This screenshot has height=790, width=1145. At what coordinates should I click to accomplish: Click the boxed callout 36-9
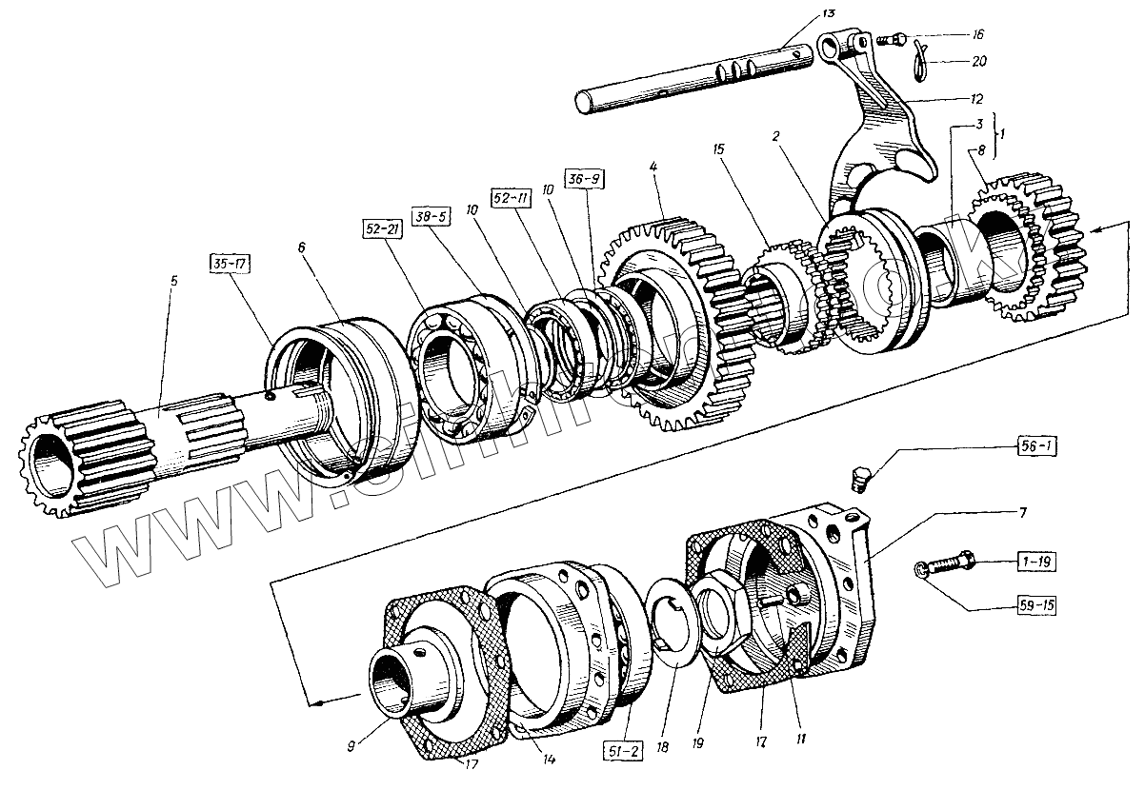pyautogui.click(x=585, y=178)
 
